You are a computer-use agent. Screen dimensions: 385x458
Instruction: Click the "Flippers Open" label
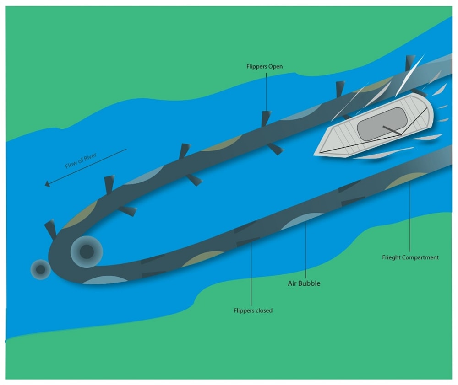coord(264,66)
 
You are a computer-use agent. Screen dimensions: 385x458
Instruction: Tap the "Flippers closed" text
coord(253,311)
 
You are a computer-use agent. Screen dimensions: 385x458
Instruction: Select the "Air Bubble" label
coord(304,283)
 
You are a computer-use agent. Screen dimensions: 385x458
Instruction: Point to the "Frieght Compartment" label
coord(410,257)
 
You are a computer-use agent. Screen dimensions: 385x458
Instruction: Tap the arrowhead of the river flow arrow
coord(47,184)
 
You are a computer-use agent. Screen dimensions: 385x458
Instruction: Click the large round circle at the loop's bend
coord(87,251)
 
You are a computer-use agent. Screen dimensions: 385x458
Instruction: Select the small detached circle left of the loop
coord(41,269)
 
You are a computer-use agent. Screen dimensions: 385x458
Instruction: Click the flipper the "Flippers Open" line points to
coord(265,118)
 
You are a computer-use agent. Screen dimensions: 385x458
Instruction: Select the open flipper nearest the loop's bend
coord(51,229)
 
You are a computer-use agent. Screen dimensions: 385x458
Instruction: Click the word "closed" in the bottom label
coord(263,311)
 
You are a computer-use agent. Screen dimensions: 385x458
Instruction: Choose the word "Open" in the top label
coord(275,66)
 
